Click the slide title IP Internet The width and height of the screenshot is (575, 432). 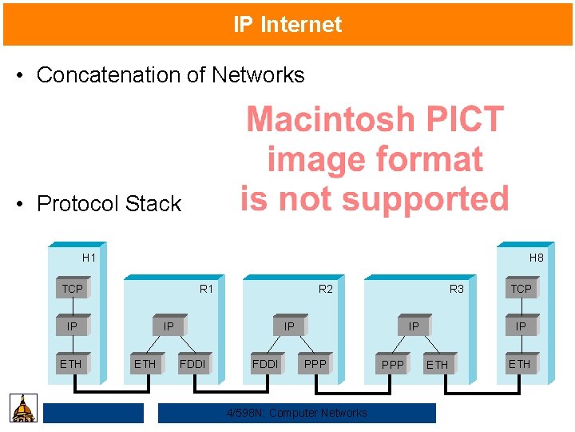pos(287,25)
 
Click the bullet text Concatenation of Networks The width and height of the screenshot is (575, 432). pos(170,75)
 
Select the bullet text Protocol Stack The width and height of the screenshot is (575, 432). pos(109,204)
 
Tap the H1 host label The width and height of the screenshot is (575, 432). pos(89,258)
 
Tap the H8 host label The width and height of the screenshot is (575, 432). pos(536,258)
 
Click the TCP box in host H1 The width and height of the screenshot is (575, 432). pos(73,289)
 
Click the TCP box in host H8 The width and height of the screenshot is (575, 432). pos(521,289)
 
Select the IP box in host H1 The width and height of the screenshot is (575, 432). pos(73,326)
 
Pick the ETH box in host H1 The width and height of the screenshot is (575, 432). pos(71,364)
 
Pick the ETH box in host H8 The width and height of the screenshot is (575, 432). pos(520,364)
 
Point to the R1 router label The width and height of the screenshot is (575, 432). pos(206,289)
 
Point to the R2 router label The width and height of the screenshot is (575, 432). pos(326,289)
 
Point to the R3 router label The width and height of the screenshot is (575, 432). pos(456,289)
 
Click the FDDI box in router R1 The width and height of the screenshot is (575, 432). pos(192,365)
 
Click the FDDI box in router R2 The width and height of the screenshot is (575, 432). pos(265,365)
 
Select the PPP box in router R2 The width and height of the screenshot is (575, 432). pos(315,365)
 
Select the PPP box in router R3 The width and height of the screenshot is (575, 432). pos(393,365)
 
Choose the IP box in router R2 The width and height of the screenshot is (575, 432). pos(289,326)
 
